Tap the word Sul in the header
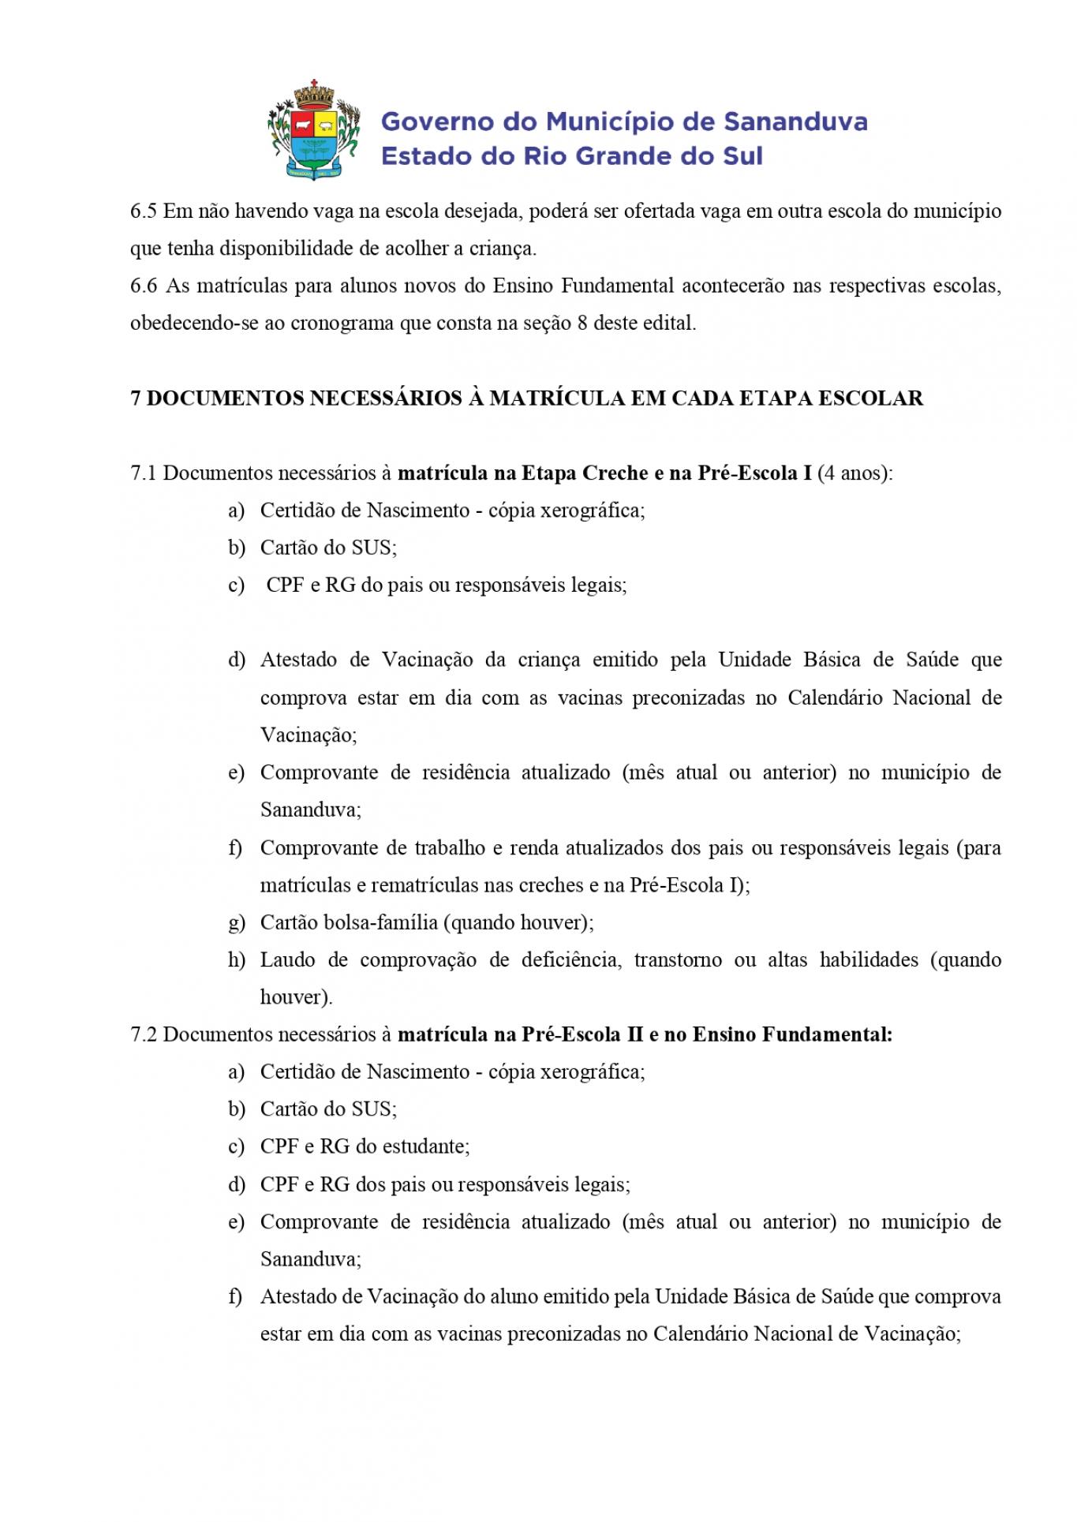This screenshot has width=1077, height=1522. (742, 156)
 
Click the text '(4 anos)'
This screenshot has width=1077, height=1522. (854, 473)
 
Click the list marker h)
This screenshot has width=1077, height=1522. (237, 960)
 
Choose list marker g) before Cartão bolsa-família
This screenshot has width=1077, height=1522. (237, 922)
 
